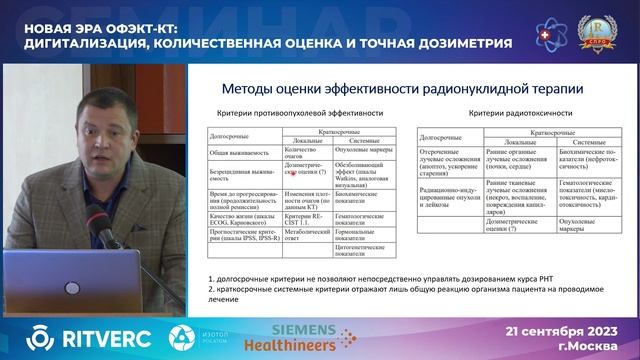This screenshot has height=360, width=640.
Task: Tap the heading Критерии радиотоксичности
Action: point(513,113)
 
